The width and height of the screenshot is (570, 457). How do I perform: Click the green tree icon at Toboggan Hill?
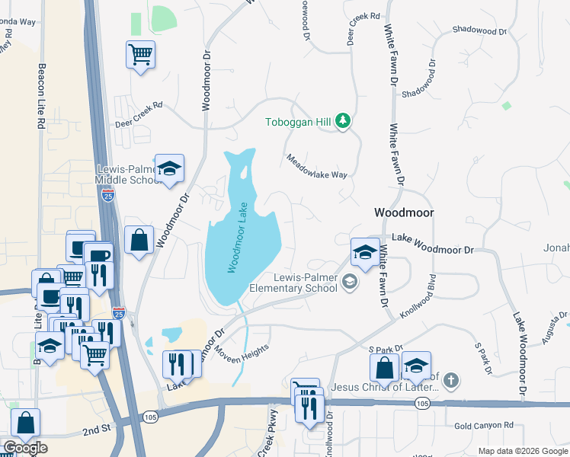343,121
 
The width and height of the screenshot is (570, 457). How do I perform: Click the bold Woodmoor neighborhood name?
403,213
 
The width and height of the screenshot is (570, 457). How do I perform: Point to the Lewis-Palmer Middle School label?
125,174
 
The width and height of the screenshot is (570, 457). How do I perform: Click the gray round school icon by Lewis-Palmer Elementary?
350,283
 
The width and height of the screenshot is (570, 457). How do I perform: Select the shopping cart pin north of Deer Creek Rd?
140,55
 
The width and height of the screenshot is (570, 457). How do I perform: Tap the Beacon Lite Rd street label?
41,95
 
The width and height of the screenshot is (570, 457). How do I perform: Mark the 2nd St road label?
97,430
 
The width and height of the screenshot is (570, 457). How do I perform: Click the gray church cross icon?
451,379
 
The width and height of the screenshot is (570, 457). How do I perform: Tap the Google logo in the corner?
25,448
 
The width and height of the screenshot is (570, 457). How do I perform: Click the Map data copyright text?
522,451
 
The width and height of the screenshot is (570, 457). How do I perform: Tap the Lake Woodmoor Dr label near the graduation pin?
432,244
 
